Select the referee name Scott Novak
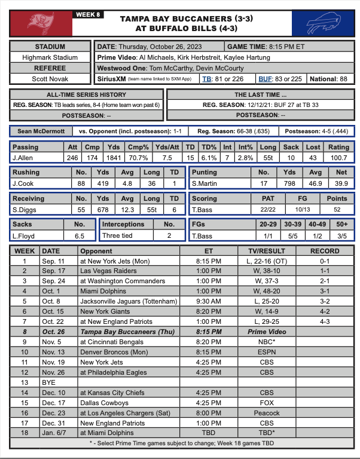click(50, 79)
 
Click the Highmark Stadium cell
click(50, 57)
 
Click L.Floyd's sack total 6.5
click(78, 237)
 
